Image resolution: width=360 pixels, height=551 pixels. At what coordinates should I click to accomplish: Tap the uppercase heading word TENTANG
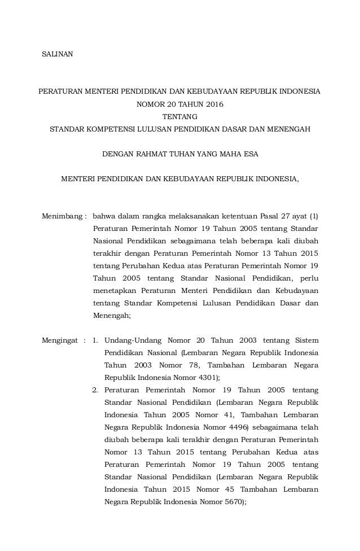[180, 116]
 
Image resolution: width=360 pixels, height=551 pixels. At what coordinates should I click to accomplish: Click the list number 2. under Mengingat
[96, 390]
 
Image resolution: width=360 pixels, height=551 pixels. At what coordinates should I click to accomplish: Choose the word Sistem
[306, 340]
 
